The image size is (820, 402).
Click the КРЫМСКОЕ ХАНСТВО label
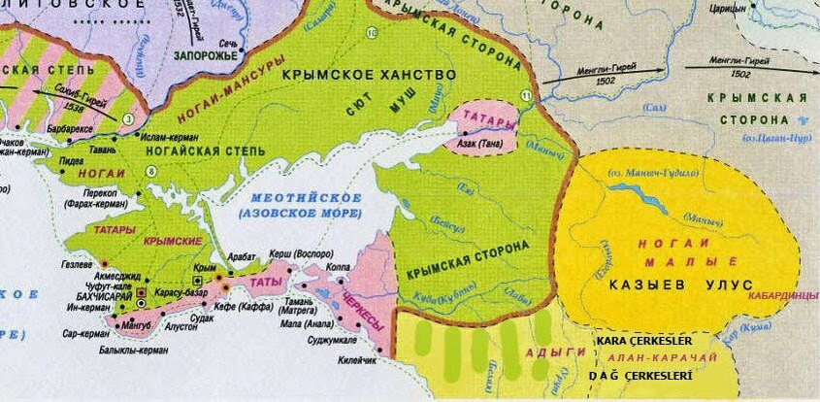[368, 75]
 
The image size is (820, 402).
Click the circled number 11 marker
[526, 94]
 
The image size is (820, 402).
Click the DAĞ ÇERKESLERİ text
[640, 375]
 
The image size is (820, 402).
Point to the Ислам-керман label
[172, 138]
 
